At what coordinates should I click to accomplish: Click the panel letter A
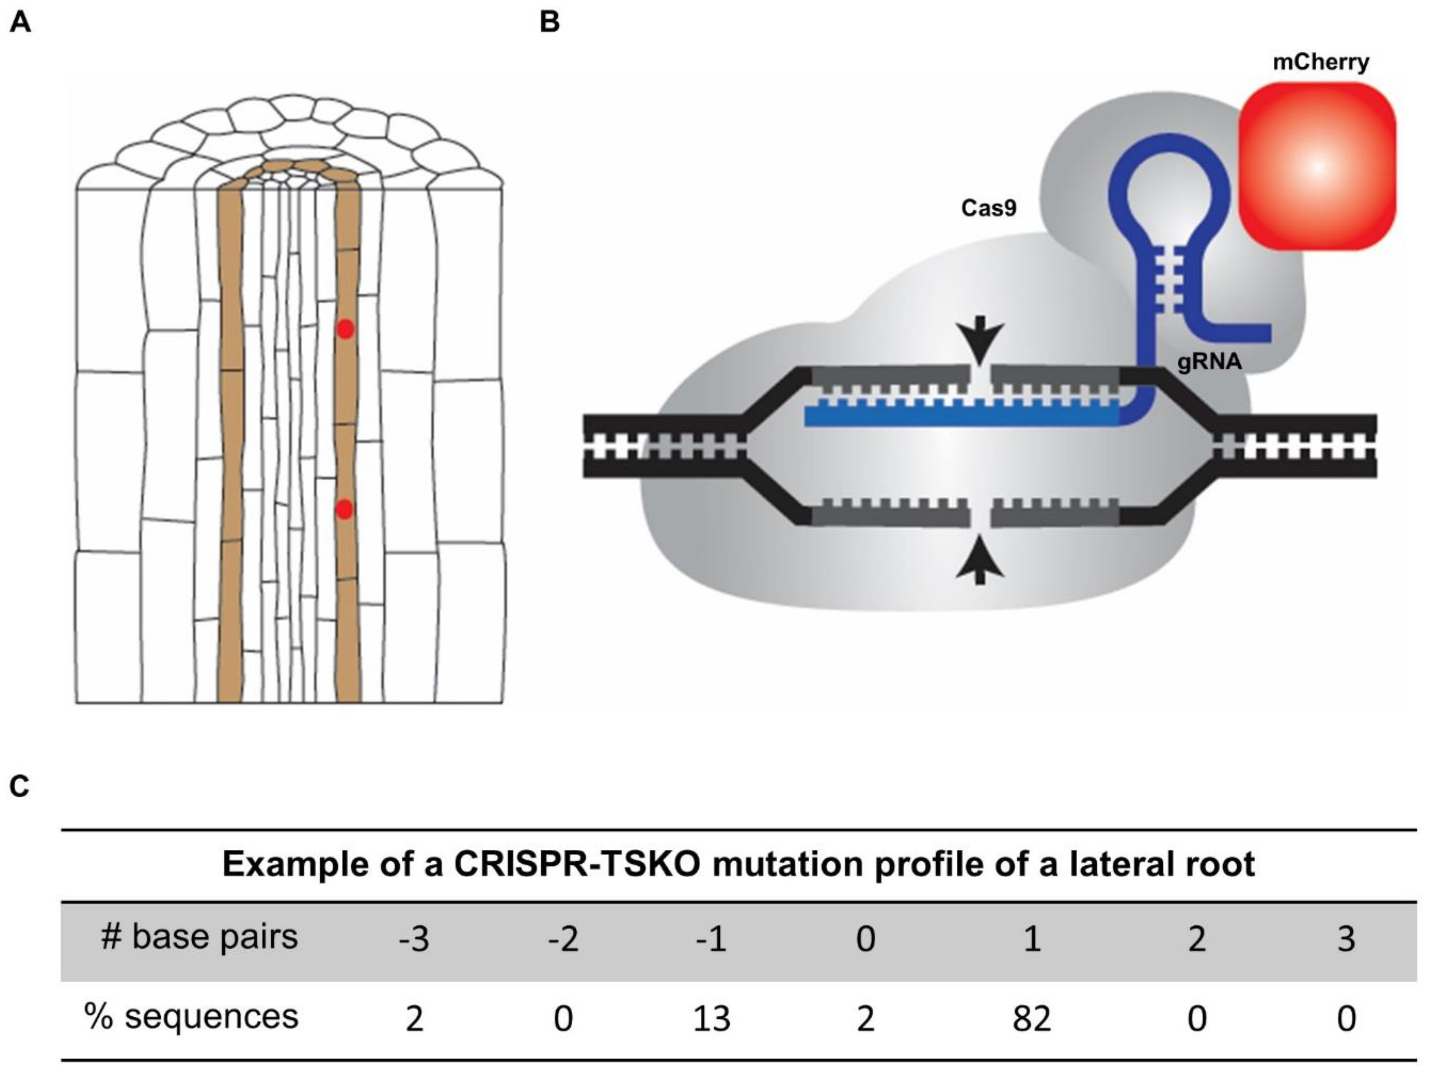click(20, 23)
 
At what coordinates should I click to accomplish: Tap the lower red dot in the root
click(345, 510)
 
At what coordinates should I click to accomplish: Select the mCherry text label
click(1321, 63)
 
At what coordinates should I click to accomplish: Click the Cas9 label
click(989, 208)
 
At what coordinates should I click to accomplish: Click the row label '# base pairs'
click(199, 937)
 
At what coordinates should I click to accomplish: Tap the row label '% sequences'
click(192, 1016)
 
